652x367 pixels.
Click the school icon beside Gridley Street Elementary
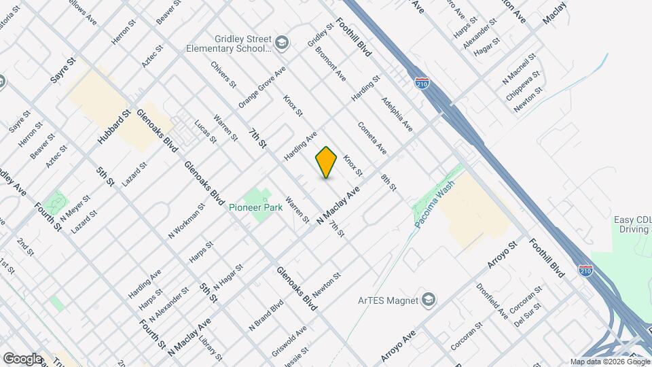tap(281, 44)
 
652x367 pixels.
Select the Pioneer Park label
tap(236, 208)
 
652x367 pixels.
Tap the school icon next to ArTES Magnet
tap(429, 300)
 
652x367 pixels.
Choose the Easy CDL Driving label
tap(632, 224)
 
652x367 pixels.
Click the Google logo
tap(22, 358)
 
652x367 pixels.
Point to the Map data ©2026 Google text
tap(609, 362)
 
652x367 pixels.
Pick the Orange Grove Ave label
tap(261, 88)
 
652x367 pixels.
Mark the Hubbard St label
tap(113, 127)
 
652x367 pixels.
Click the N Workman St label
tap(186, 220)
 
